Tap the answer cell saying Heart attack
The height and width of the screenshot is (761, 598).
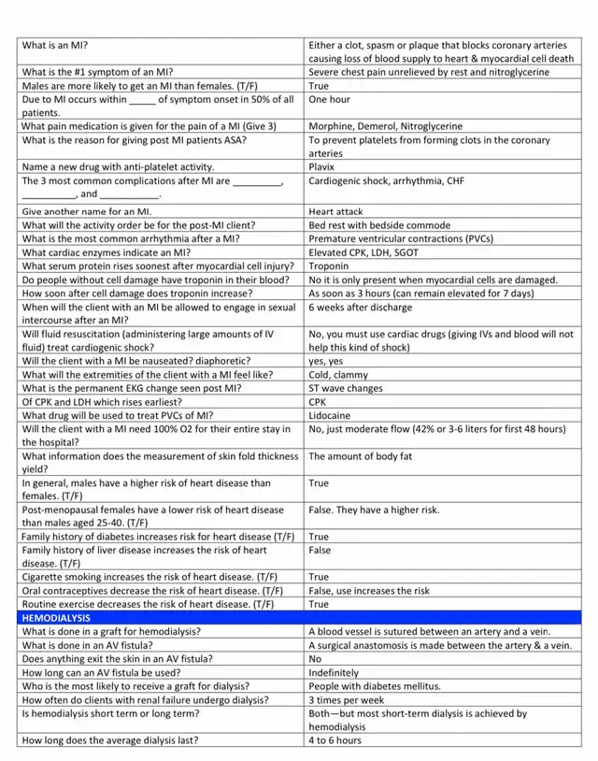[x=336, y=211]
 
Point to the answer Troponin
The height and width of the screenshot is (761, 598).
[x=330, y=266]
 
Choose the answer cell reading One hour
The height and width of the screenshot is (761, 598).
[x=330, y=99]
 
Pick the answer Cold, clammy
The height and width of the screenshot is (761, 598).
[x=339, y=375]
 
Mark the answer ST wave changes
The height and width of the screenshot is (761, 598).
[x=346, y=388]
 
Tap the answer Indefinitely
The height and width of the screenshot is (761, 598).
[x=334, y=672]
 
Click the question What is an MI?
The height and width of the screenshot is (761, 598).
[x=55, y=45]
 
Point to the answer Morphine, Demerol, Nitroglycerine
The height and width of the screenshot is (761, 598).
[x=385, y=126]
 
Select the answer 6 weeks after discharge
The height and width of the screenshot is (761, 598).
[x=360, y=307]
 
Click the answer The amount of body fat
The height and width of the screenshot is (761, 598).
[x=360, y=456]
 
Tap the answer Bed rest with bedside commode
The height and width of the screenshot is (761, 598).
[x=379, y=225]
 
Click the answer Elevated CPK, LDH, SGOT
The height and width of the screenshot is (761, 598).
[x=364, y=252]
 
